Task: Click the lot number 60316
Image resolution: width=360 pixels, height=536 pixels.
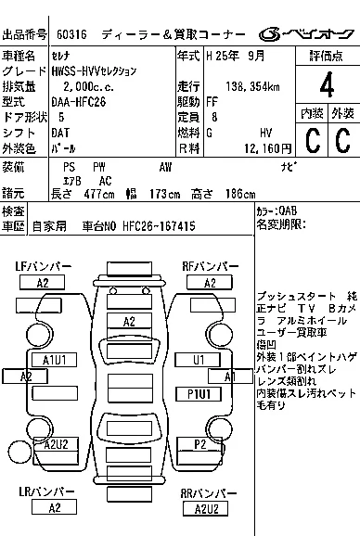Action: (x=68, y=34)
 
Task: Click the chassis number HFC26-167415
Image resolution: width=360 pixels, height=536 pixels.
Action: (x=160, y=225)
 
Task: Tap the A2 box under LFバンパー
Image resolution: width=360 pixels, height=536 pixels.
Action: (x=42, y=283)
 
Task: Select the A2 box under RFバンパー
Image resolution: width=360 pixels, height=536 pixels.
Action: (x=210, y=283)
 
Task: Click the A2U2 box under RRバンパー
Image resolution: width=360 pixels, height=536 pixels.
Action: (x=206, y=509)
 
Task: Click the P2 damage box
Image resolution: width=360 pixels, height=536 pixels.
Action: (x=199, y=444)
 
